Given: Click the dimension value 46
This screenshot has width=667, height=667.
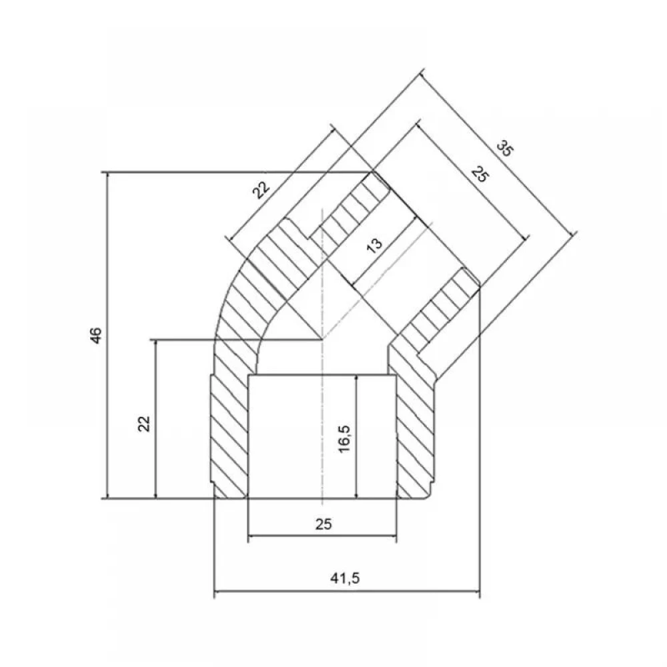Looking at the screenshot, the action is click(97, 336).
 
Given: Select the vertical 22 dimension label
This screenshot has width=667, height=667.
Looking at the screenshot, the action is click(144, 424).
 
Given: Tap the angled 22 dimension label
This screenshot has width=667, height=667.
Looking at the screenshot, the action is click(261, 190).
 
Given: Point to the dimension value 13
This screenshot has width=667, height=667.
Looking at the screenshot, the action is click(374, 245).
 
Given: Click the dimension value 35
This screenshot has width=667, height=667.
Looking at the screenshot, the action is click(505, 149).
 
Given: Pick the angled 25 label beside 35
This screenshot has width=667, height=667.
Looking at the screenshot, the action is click(480, 174).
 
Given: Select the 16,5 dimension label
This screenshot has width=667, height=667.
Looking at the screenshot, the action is click(344, 439).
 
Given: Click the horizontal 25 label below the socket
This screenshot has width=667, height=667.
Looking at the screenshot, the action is click(323, 524).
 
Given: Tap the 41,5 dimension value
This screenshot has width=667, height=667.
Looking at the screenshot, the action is click(345, 578).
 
